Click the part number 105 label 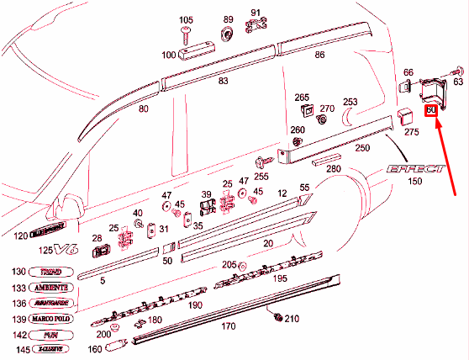(x=186, y=19)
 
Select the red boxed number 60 (x=432, y=110)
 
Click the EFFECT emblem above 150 (x=414, y=169)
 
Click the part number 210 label (x=292, y=319)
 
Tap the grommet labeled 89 (x=227, y=34)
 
